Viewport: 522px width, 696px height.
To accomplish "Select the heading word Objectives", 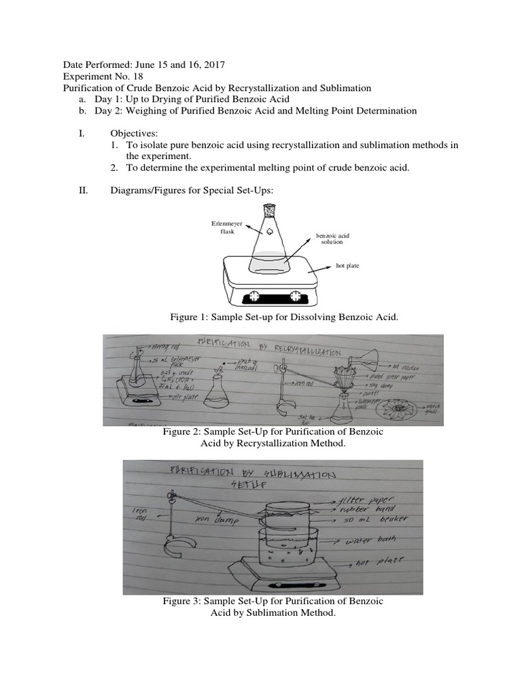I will [x=133, y=134].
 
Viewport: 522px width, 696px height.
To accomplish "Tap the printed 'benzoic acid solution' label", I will [x=332, y=239].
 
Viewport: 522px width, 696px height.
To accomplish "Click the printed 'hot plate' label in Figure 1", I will [x=347, y=266].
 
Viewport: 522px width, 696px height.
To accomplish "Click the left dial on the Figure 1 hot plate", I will [x=256, y=296].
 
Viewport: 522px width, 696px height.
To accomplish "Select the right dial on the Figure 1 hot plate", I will [x=295, y=296].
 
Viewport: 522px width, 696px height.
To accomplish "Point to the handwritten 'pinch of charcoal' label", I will [x=247, y=365].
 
